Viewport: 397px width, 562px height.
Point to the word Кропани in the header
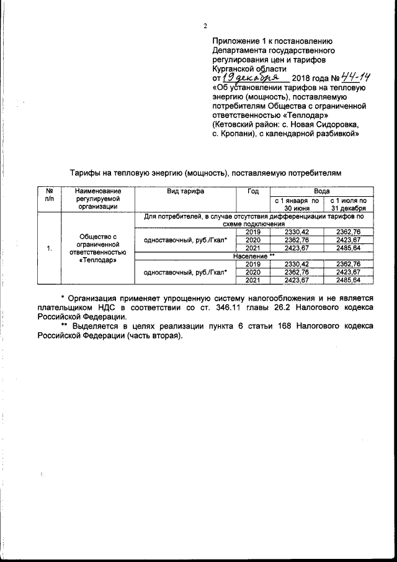point(244,133)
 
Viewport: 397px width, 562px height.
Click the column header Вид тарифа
point(185,191)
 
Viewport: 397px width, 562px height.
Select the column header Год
point(252,191)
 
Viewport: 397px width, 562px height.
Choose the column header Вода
point(321,191)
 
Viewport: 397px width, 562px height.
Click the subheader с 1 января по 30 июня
point(297,204)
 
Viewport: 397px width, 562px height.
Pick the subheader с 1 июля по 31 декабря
point(348,204)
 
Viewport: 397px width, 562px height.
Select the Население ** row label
point(254,256)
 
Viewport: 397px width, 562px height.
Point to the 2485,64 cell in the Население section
point(348,280)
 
